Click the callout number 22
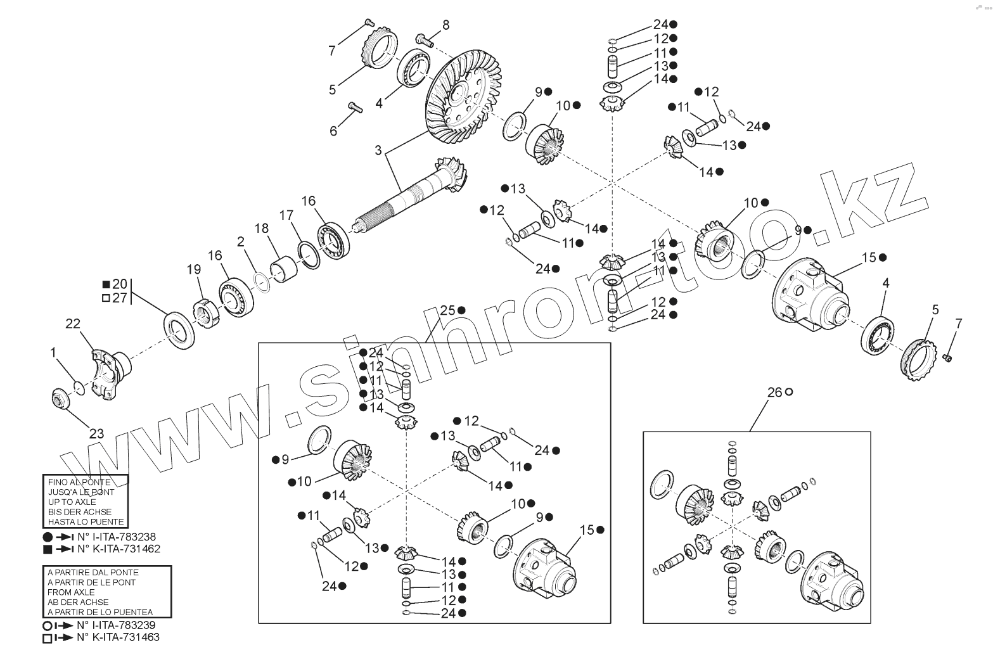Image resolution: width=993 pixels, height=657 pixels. (x=73, y=324)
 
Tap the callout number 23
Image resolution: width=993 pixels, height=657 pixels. (x=96, y=434)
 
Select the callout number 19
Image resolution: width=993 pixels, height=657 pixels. (x=193, y=269)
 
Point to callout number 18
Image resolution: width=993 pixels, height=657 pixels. (x=262, y=229)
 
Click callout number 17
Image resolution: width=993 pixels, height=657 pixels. (x=286, y=214)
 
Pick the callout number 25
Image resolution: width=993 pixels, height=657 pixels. (x=448, y=310)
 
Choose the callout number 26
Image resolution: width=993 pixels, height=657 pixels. (x=775, y=392)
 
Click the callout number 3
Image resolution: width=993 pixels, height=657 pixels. (x=378, y=150)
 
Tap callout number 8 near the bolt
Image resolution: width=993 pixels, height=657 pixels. (x=446, y=25)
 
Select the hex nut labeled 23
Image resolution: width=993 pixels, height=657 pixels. (x=61, y=400)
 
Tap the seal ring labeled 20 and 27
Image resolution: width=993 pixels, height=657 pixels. (x=179, y=329)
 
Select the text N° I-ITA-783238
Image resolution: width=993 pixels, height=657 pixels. (x=116, y=536)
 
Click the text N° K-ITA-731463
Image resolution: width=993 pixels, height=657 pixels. (x=118, y=637)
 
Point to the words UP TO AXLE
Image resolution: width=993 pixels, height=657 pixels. (x=72, y=502)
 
